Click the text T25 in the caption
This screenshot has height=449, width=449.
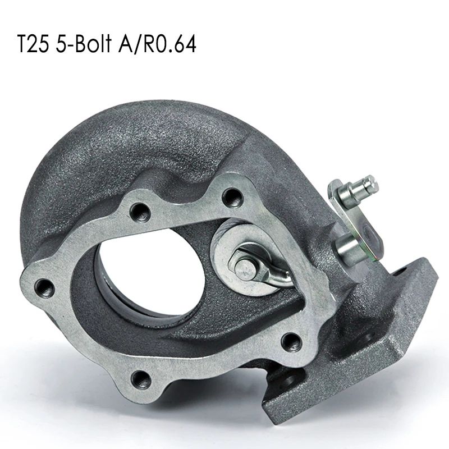[34, 44]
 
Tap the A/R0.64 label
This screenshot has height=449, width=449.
[163, 44]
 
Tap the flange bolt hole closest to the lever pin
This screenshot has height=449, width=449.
[231, 196]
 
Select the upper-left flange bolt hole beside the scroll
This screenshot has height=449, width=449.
[139, 212]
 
